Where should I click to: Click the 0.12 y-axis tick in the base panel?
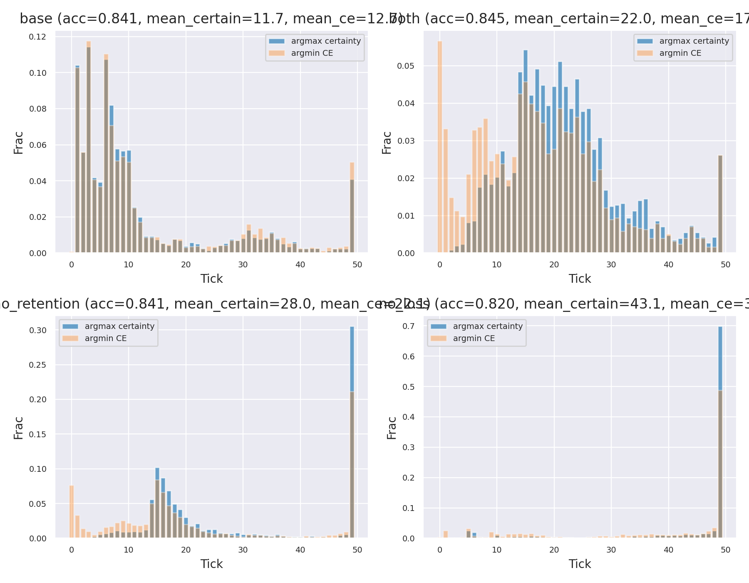[37, 37]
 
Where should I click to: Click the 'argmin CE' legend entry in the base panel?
[312, 53]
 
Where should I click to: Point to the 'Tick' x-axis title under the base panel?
[211, 279]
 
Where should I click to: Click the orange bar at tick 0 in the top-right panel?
[440, 146]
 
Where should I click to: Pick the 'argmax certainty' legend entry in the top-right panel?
[694, 41]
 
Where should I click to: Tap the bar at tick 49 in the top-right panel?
[720, 204]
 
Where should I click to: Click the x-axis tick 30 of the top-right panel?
[611, 264]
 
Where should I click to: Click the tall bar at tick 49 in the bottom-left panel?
[352, 433]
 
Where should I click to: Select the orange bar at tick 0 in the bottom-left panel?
[72, 512]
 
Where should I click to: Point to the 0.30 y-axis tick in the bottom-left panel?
[38, 330]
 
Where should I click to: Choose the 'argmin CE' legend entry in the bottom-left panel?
[106, 338]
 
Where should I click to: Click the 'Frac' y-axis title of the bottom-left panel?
[18, 428]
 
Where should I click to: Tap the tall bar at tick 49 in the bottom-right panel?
[720, 433]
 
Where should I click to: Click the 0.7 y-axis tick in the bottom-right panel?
[409, 326]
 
